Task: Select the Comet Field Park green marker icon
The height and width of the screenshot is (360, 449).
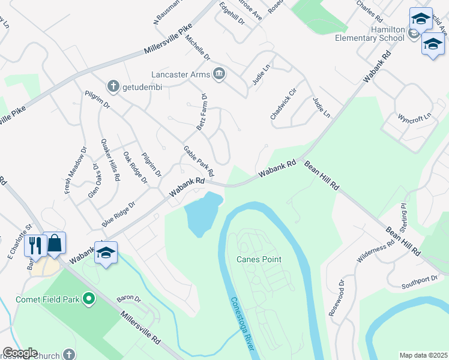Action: pos(89,298)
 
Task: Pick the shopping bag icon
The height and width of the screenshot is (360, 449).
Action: pos(55,243)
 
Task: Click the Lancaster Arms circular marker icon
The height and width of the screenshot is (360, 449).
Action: pos(219,74)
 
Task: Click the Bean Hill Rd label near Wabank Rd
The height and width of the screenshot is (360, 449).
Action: pos(321,175)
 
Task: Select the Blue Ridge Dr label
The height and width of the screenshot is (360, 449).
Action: pos(119,214)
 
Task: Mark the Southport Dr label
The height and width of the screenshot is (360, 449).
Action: pos(420,280)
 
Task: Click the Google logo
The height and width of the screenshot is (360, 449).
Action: pos(19,353)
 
